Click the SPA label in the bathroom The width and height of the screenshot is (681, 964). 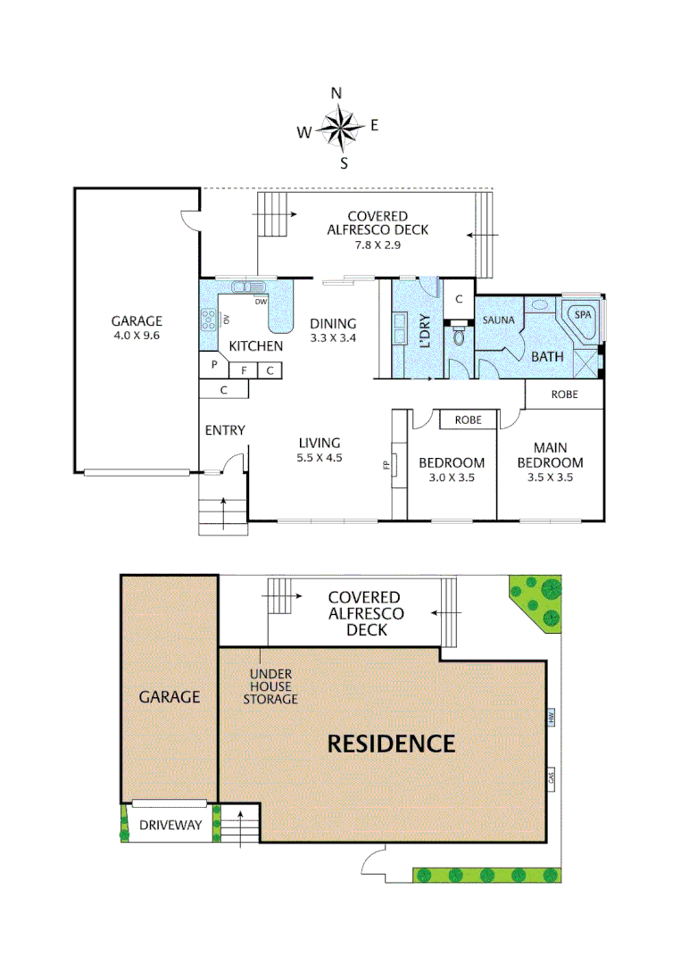582,315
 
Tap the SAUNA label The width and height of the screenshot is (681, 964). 499,319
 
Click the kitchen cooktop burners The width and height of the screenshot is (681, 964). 209,319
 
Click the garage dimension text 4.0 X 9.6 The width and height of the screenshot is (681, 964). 137,336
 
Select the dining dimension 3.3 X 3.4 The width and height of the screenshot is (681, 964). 333,338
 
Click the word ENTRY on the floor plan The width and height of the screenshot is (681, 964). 225,430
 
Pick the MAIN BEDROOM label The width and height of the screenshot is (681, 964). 558,455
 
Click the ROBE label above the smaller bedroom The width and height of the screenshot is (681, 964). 469,419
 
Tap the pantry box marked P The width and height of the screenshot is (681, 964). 214,364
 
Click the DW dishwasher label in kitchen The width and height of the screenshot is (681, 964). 261,302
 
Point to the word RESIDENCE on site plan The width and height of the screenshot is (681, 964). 391,743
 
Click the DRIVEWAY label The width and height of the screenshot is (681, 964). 170,826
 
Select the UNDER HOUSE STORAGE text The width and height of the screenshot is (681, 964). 270,686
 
